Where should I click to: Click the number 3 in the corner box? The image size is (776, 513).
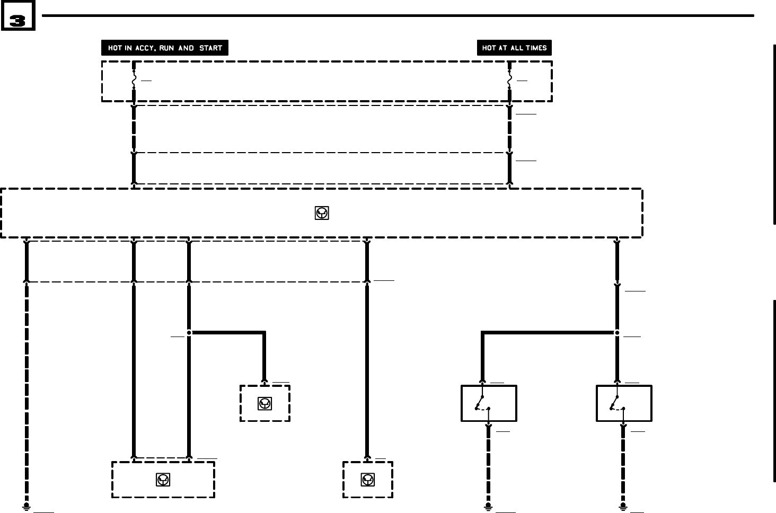(x=17, y=21)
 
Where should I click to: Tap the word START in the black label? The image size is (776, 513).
(x=210, y=48)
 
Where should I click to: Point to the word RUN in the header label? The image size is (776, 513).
(x=166, y=48)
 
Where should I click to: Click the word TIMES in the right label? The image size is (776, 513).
(x=535, y=48)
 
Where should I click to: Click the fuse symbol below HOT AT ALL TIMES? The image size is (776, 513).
(x=509, y=81)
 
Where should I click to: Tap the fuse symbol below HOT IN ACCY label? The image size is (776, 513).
(x=134, y=81)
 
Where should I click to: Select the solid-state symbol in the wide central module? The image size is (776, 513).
(x=322, y=213)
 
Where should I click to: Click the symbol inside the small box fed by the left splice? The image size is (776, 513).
(x=265, y=404)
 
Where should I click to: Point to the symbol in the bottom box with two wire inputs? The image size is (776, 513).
(x=163, y=480)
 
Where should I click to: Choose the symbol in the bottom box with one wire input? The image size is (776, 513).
(x=368, y=480)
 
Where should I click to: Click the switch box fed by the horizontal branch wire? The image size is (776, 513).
(x=489, y=403)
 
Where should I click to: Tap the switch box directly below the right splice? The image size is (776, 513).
(x=624, y=403)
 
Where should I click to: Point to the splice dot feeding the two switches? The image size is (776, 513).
(x=617, y=333)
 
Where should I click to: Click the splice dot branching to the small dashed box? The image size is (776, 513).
(x=189, y=333)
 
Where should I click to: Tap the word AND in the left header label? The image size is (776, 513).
(x=186, y=48)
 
